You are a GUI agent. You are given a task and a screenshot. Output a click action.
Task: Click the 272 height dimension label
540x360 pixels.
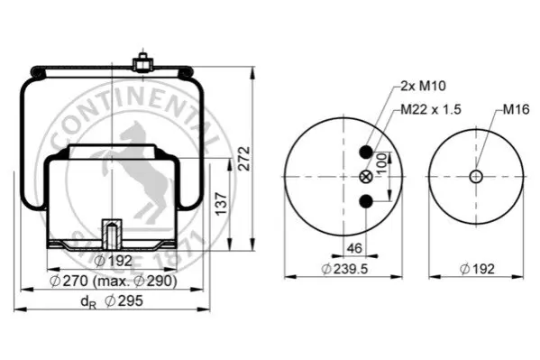pyautogui.click(x=244, y=159)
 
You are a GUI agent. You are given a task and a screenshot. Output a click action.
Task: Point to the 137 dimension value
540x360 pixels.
pyautogui.click(x=222, y=204)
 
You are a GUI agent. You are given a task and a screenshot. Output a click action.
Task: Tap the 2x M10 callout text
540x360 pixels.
pyautogui.click(x=423, y=86)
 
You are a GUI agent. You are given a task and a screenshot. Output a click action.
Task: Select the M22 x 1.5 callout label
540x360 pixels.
pyautogui.click(x=431, y=109)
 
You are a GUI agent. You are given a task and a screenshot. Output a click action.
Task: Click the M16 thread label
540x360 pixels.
pyautogui.click(x=516, y=109)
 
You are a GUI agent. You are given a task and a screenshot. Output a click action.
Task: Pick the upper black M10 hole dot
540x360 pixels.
pyautogui.click(x=366, y=152)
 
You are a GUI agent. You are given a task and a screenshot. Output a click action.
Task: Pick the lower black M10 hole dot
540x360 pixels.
pyautogui.click(x=366, y=201)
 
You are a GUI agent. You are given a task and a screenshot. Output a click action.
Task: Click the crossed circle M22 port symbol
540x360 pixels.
pyautogui.click(x=366, y=177)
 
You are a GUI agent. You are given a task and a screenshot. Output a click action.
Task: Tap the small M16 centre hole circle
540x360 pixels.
pyautogui.click(x=476, y=177)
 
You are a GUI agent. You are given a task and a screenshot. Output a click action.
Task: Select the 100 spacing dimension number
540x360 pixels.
pyautogui.click(x=381, y=164)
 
